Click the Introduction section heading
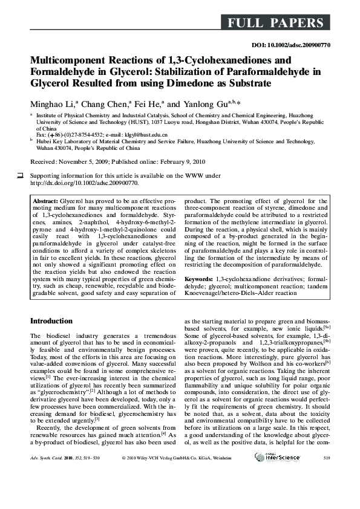coord(51,320)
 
